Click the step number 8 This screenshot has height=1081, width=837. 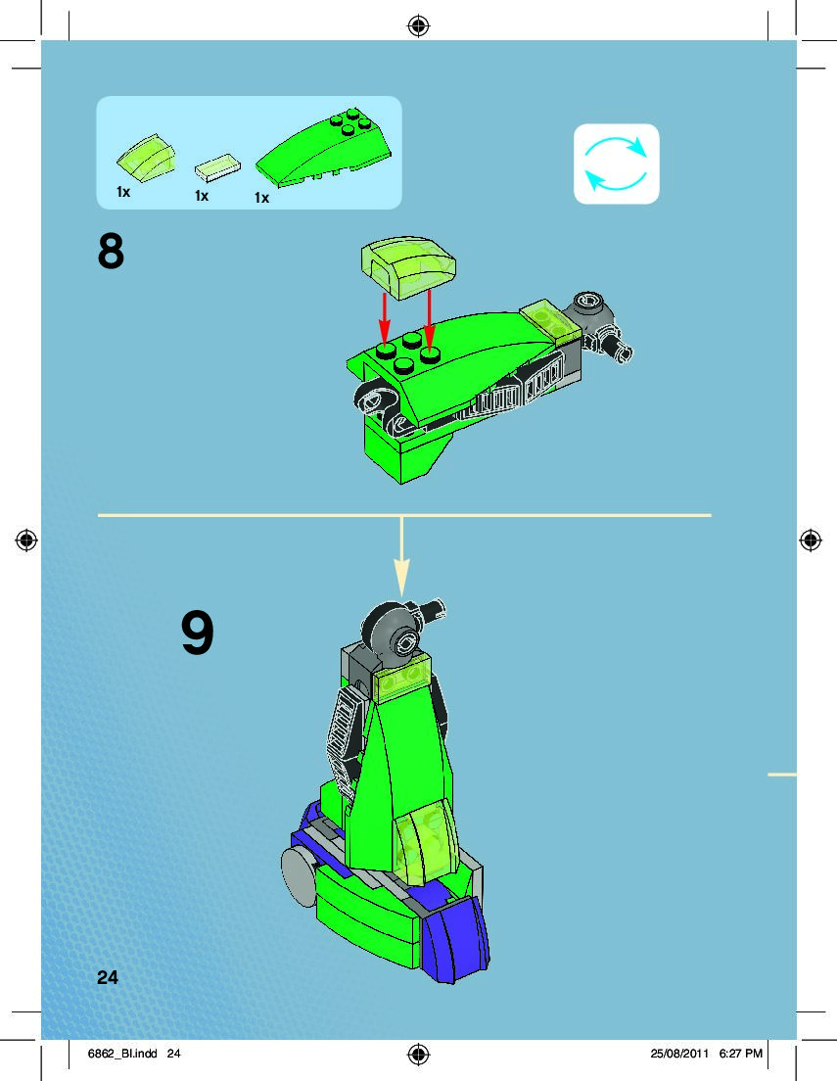point(112,252)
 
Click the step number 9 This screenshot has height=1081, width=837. point(198,634)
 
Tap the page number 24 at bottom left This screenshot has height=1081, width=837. point(108,976)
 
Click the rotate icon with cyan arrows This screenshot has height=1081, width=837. point(616,164)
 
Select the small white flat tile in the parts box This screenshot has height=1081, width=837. point(217,170)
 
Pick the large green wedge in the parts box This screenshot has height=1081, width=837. point(326,150)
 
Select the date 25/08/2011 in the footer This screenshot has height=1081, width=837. point(678,1054)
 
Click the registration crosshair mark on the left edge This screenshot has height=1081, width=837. point(26,540)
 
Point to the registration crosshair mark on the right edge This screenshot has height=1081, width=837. point(810,540)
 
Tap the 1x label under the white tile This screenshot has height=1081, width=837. point(202,196)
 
